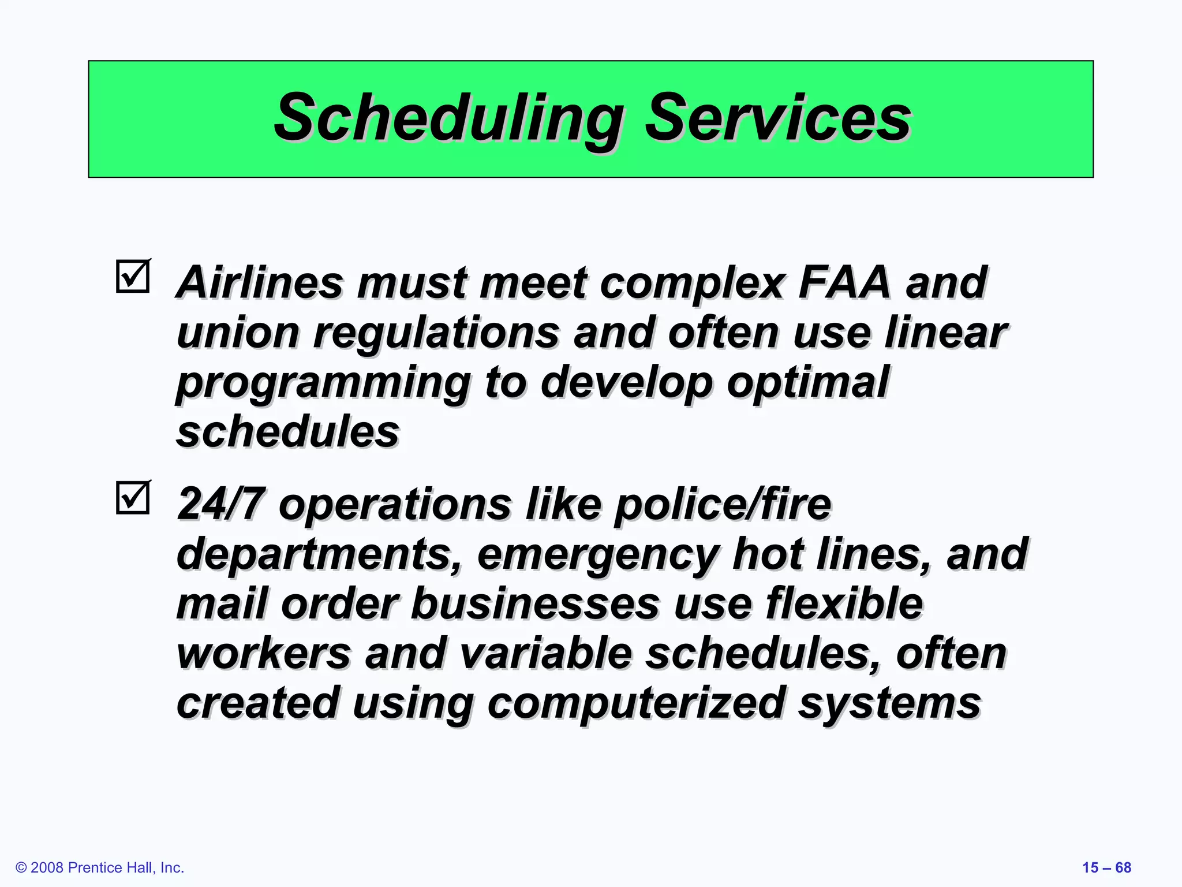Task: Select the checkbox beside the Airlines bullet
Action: (133, 276)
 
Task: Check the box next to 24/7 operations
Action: (133, 497)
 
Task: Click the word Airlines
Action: (260, 283)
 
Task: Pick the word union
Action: (238, 333)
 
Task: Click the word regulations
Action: (436, 334)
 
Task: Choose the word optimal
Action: (807, 382)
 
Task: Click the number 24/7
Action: (221, 504)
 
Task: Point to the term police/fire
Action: (722, 504)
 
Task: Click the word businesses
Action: (535, 604)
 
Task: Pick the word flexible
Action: (844, 604)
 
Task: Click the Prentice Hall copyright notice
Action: (100, 867)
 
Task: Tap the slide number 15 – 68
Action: (1106, 867)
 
